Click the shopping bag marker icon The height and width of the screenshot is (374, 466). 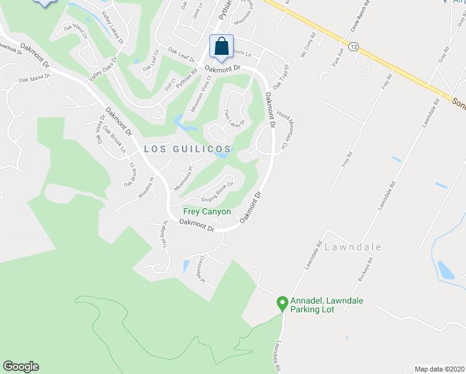click(x=221, y=47)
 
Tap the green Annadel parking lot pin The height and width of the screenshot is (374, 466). click(x=282, y=304)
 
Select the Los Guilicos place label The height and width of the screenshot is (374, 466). click(x=188, y=149)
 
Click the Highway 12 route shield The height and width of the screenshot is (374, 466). click(x=354, y=47)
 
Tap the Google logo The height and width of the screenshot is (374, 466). click(x=21, y=367)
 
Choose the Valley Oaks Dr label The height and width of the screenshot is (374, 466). click(x=104, y=68)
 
